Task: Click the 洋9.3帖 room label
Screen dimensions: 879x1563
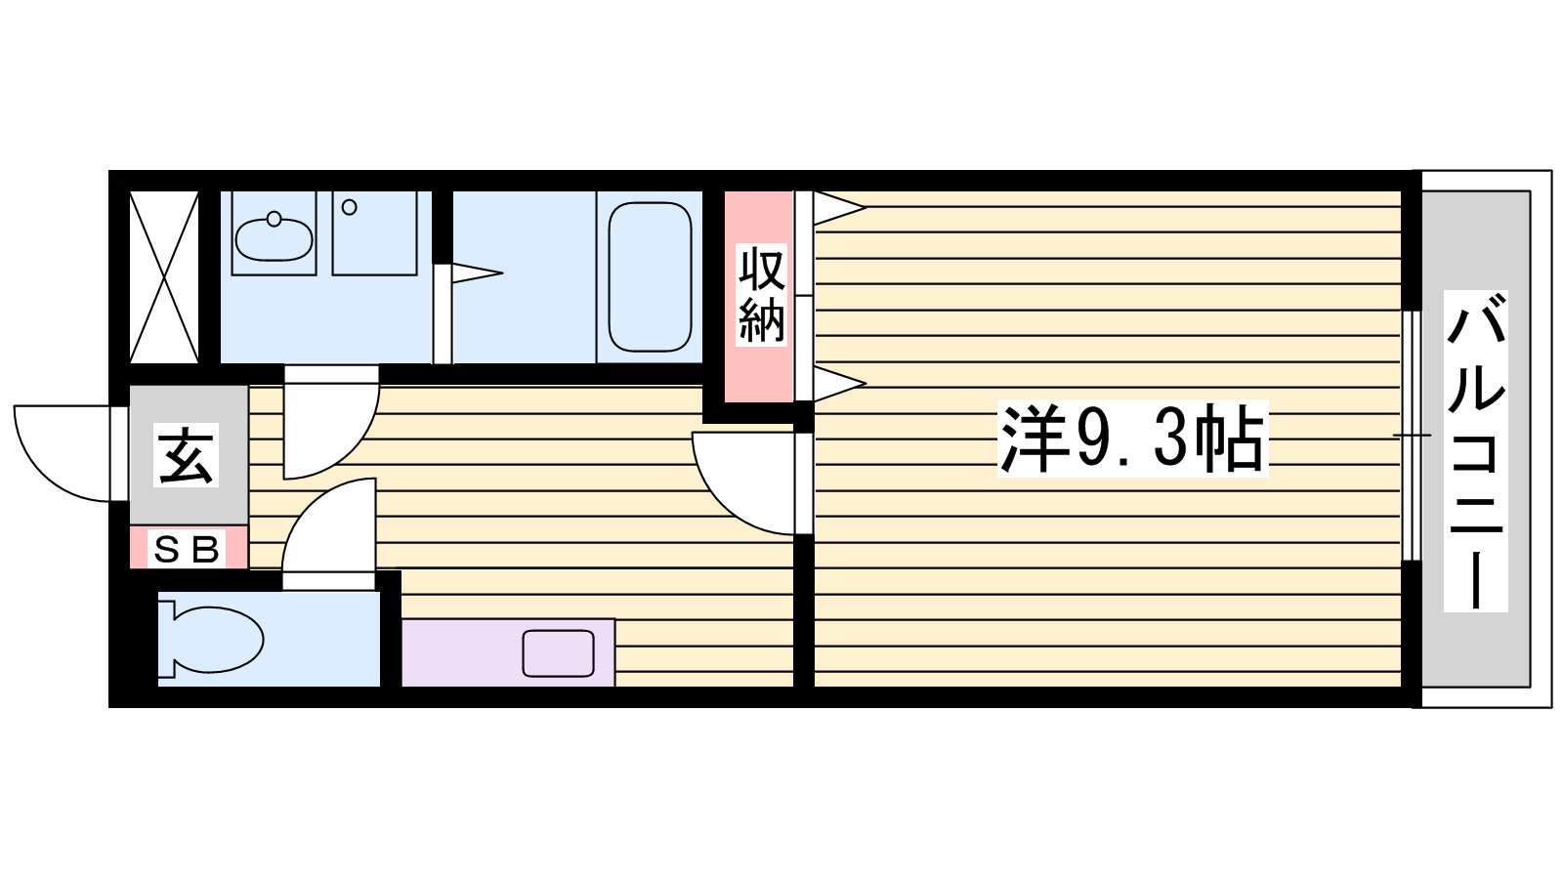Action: pyautogui.click(x=1131, y=439)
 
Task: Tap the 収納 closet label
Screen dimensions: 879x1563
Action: pyautogui.click(x=761, y=295)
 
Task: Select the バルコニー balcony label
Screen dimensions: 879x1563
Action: pyautogui.click(x=1476, y=451)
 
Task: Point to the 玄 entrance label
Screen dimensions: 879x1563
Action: pyautogui.click(x=187, y=455)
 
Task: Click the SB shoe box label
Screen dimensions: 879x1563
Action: pyautogui.click(x=187, y=550)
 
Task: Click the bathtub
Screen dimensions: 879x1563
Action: pyautogui.click(x=650, y=276)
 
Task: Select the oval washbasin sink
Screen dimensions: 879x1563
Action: pyautogui.click(x=274, y=236)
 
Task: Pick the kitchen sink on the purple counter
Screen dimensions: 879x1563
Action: pyautogui.click(x=558, y=653)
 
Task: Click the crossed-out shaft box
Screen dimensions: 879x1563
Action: pyautogui.click(x=164, y=276)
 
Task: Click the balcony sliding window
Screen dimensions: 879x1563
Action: pyautogui.click(x=1411, y=435)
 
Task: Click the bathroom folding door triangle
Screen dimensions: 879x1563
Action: pyautogui.click(x=474, y=273)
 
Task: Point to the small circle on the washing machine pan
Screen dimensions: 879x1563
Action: pyautogui.click(x=350, y=207)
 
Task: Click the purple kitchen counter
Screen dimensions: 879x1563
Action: pyautogui.click(x=459, y=652)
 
